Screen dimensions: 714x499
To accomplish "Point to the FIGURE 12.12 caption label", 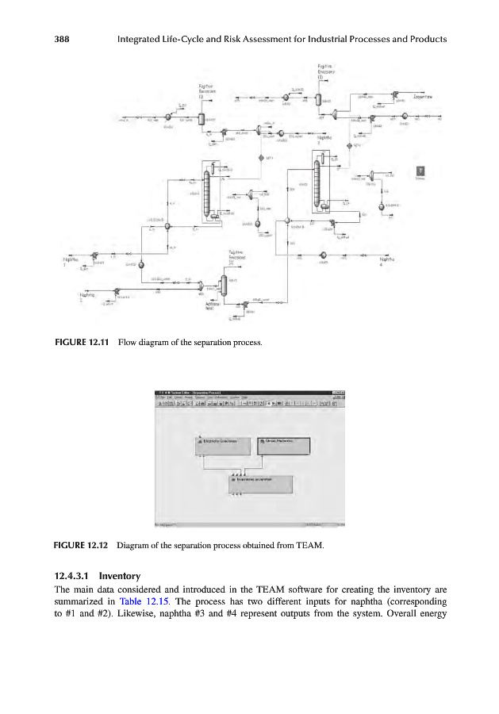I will click(81, 544).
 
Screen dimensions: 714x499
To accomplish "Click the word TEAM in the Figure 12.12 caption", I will click(307, 544).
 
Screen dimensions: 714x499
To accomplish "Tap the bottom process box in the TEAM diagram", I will click(260, 482).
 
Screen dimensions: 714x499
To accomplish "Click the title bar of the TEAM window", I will click(238, 393).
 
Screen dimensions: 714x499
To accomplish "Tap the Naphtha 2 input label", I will click(87, 297).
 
